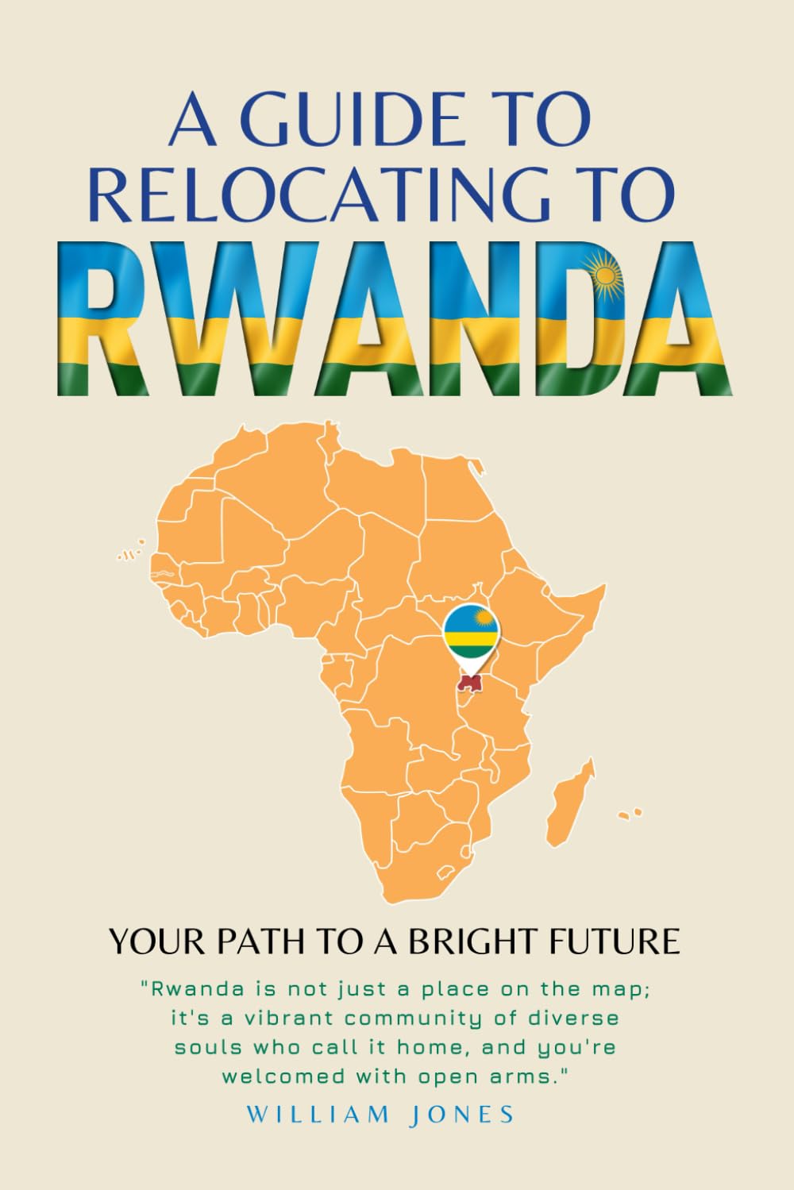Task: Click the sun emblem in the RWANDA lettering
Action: coord(607,275)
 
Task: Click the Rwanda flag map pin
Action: coord(472,632)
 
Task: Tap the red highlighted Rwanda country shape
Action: coord(471,683)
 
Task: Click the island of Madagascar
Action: coord(569,802)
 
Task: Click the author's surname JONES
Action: coord(464,1114)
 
